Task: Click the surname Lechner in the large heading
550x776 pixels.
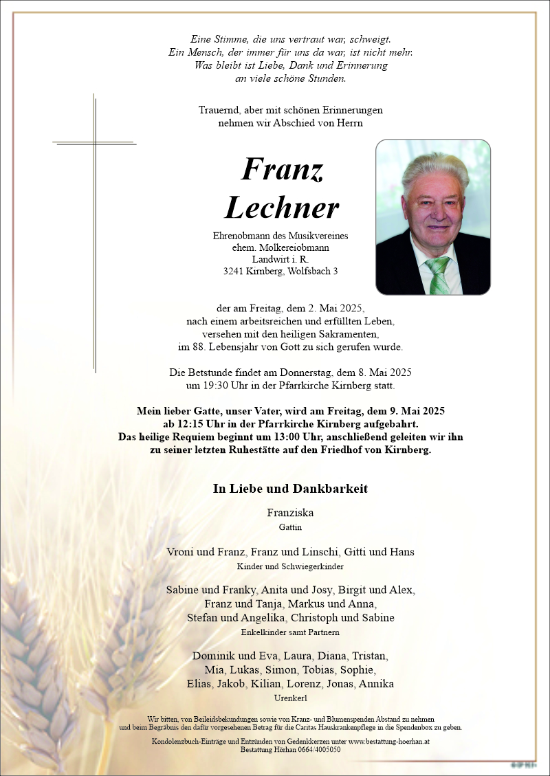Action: pyautogui.click(x=281, y=208)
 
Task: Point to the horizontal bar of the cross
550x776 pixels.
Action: pyautogui.click(x=94, y=144)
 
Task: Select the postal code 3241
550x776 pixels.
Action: pyautogui.click(x=234, y=271)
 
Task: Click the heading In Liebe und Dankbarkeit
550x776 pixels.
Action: pyautogui.click(x=290, y=489)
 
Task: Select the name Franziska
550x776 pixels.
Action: pyautogui.click(x=290, y=512)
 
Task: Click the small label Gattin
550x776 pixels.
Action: pyautogui.click(x=290, y=527)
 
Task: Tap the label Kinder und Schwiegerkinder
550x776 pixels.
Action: pyautogui.click(x=290, y=567)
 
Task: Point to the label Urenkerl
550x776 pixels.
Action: pyautogui.click(x=290, y=698)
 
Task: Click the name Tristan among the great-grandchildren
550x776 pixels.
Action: pyautogui.click(x=371, y=656)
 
